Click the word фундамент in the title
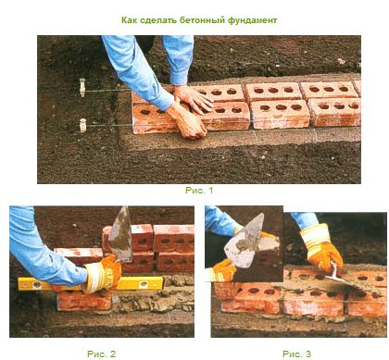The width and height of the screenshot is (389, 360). click(x=253, y=20)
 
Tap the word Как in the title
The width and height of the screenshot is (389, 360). click(x=129, y=20)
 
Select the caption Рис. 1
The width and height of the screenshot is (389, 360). click(x=199, y=191)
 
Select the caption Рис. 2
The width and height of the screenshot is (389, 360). click(x=101, y=354)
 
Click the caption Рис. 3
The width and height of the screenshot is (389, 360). click(x=296, y=354)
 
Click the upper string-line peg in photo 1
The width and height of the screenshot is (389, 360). click(x=82, y=88)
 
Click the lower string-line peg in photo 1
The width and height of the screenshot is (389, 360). click(x=82, y=125)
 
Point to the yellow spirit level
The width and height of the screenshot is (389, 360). click(x=91, y=284)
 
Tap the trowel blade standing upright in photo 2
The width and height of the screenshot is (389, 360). click(x=121, y=235)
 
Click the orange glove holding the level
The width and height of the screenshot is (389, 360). click(x=103, y=274)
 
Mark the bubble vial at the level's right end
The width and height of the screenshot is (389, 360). click(x=144, y=284)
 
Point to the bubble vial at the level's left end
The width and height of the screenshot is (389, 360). click(x=36, y=284)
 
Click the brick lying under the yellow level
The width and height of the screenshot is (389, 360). click(x=83, y=300)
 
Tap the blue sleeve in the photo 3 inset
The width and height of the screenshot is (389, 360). click(x=220, y=219)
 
